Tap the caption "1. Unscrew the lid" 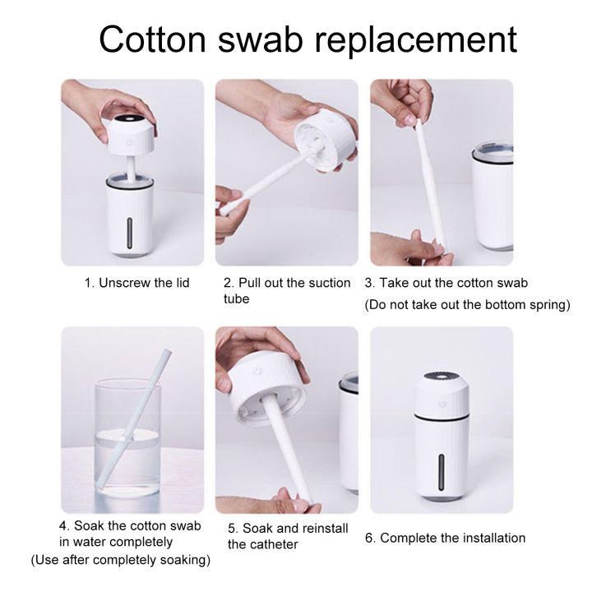(136, 283)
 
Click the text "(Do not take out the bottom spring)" (468, 305)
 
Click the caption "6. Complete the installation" (445, 538)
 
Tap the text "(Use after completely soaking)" (120, 560)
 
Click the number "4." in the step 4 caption (63, 525)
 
